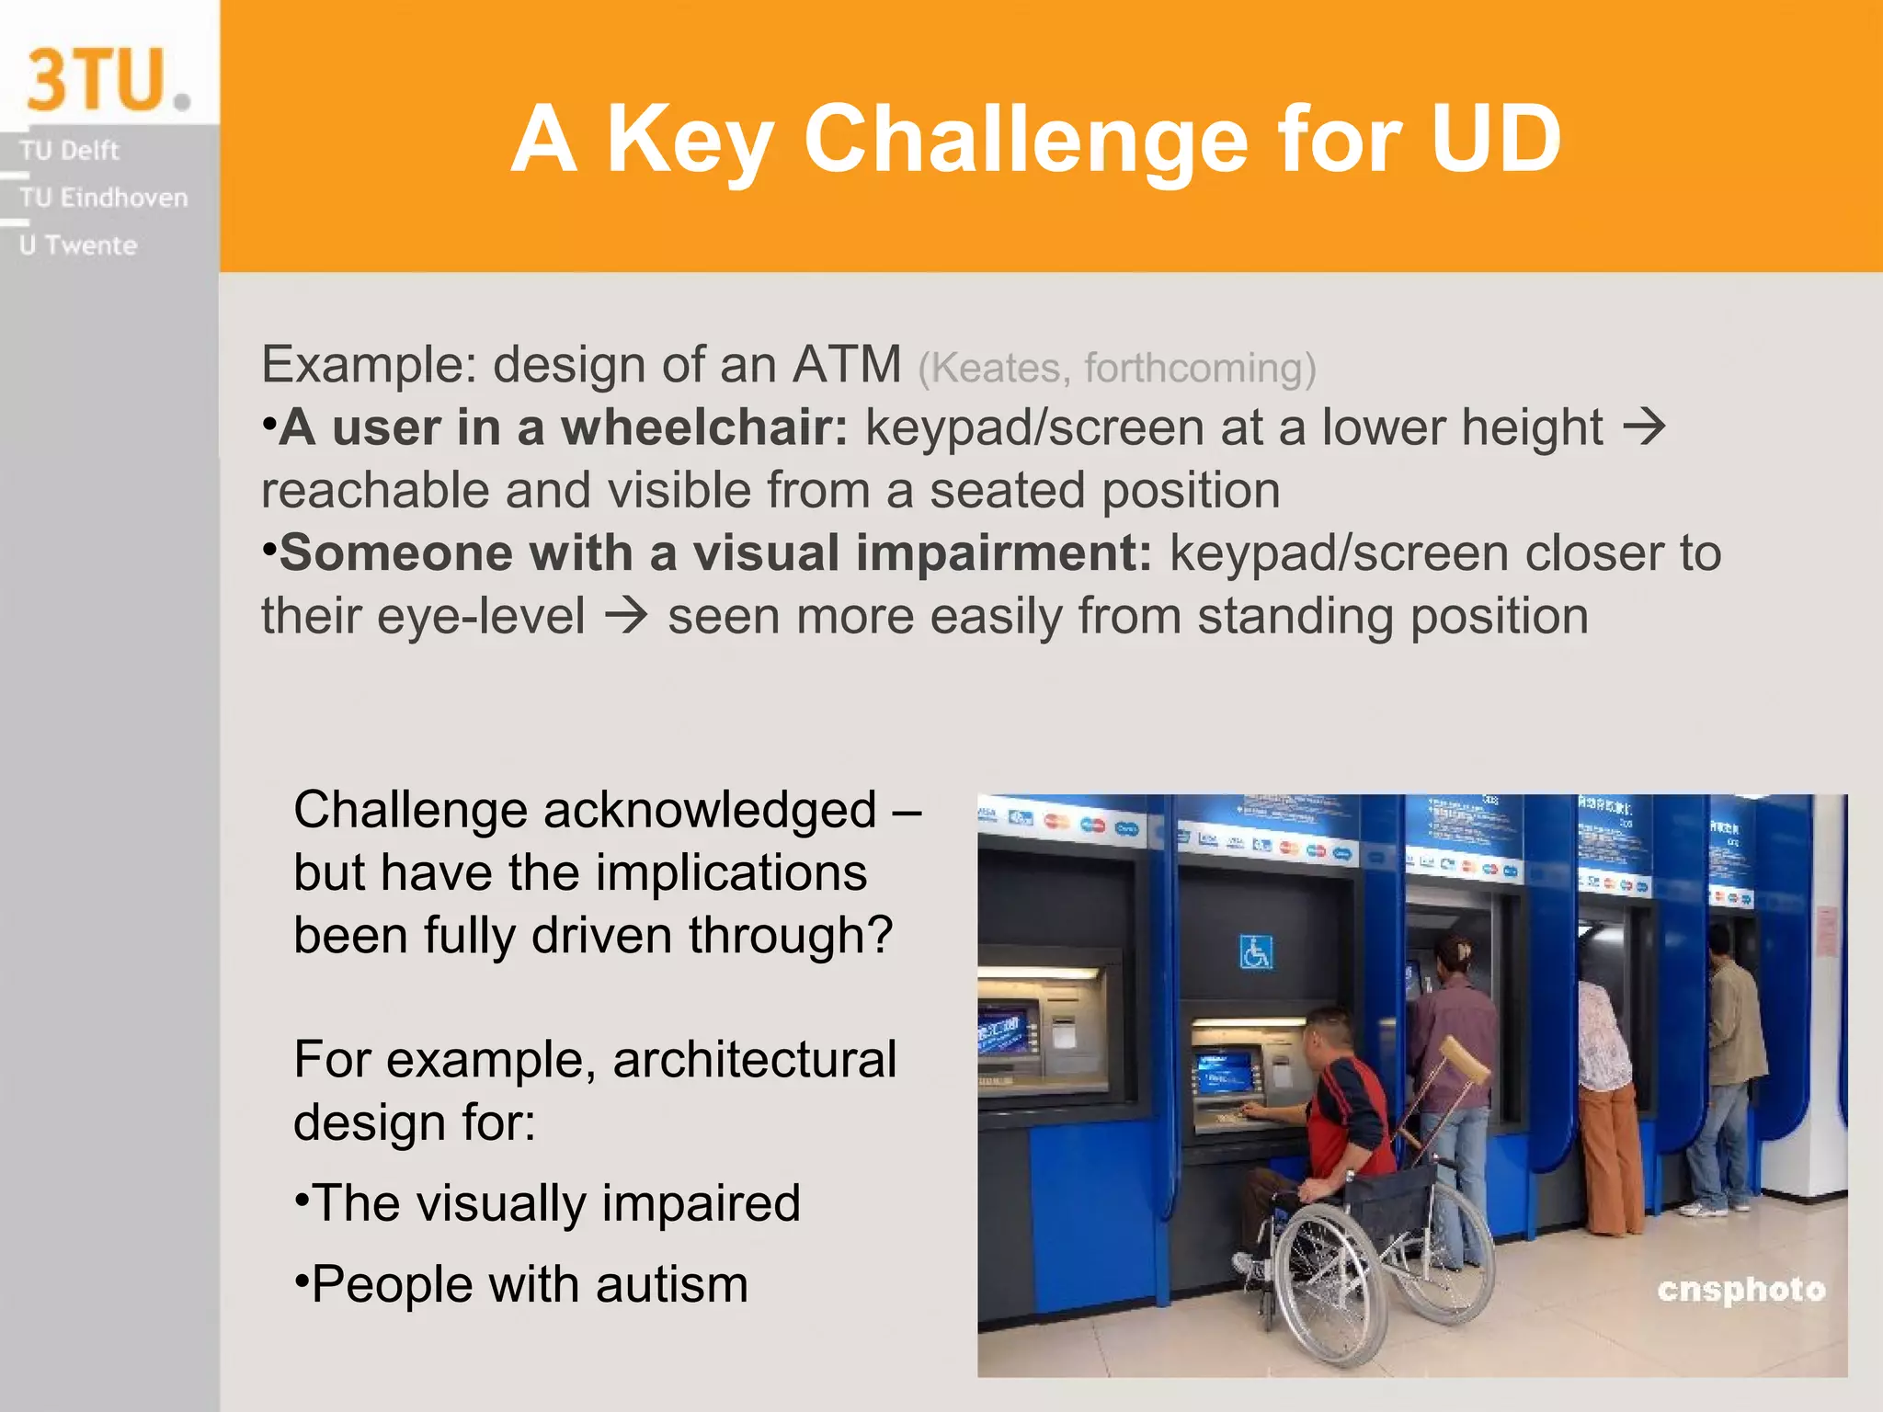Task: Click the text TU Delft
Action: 70,150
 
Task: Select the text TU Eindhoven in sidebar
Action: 103,198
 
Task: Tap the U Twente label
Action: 78,245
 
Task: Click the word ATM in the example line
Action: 846,364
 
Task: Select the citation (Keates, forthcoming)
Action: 1116,368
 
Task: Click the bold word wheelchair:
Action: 704,428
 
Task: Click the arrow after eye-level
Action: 626,615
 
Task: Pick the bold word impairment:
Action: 1004,553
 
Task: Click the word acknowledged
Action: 710,810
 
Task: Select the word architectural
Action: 754,1059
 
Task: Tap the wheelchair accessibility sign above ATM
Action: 1255,952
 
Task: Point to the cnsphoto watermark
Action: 1740,1290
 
